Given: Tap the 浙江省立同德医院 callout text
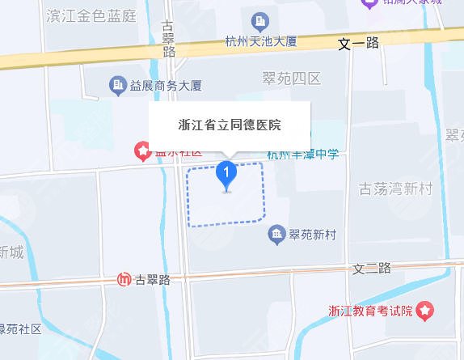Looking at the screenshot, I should pyautogui.click(x=230, y=125).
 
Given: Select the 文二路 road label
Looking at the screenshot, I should pyautogui.click(x=372, y=267).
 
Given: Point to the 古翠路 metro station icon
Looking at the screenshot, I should pyautogui.click(x=124, y=280).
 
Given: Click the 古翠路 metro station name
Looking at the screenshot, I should pyautogui.click(x=153, y=280).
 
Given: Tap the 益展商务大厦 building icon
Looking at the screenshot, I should pyautogui.click(x=116, y=84).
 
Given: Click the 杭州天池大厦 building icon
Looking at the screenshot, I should pyautogui.click(x=260, y=20).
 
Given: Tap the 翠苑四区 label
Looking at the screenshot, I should pyautogui.click(x=292, y=78).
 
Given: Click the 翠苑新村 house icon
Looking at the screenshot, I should pyautogui.click(x=276, y=235).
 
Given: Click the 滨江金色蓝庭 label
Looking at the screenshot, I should pyautogui.click(x=92, y=15).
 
